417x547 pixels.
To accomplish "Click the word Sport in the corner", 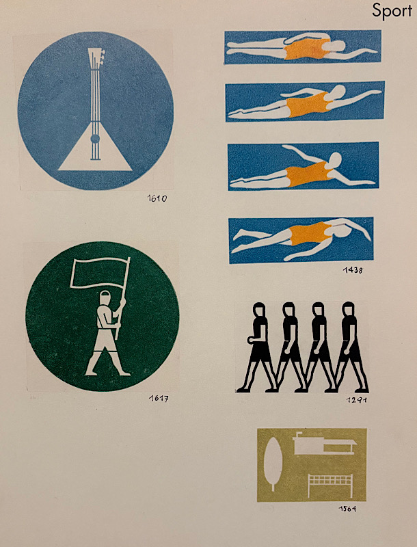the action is click(x=392, y=11).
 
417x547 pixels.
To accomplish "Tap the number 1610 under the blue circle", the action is click(x=157, y=199).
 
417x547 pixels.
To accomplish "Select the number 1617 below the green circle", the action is click(x=159, y=399).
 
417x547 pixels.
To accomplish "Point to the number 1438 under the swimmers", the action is click(x=352, y=269).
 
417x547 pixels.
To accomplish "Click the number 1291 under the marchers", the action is click(x=357, y=400).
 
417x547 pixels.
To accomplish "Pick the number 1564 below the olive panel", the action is click(x=347, y=509).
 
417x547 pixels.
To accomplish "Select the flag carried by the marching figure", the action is click(x=99, y=272).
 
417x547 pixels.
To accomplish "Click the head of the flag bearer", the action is click(x=105, y=298).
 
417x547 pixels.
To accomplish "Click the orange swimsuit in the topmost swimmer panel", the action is click(x=306, y=49).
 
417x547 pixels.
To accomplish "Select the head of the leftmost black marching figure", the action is click(x=258, y=310).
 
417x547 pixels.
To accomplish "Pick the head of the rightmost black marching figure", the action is click(x=348, y=309).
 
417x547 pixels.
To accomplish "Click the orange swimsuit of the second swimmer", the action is click(x=308, y=105).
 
